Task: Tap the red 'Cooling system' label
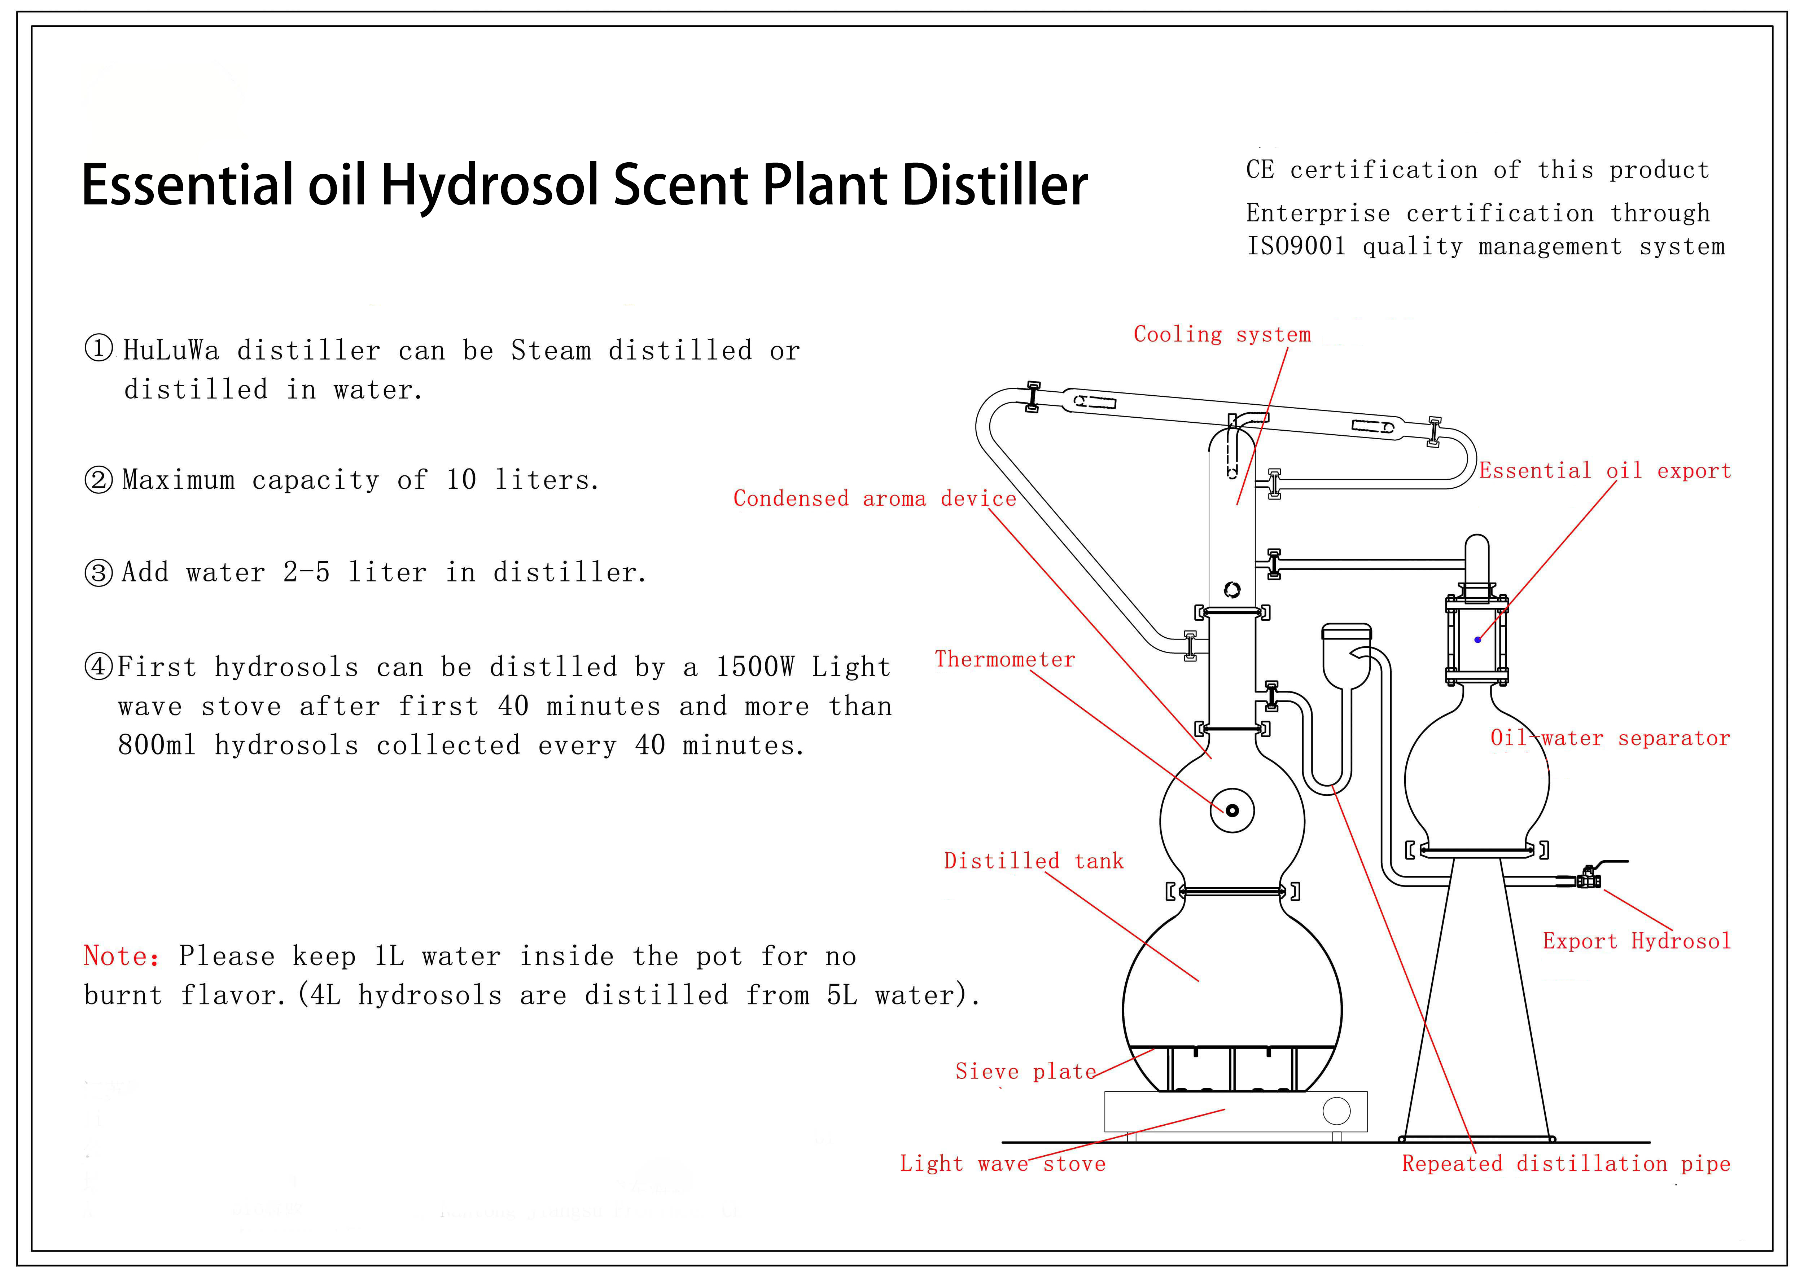tap(1222, 335)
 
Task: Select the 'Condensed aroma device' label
tap(874, 499)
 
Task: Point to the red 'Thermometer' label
tap(1004, 660)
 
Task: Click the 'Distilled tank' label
tap(1033, 861)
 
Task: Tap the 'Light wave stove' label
tap(1003, 1164)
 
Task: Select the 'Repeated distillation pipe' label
tap(1566, 1164)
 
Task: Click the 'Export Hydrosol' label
tap(1637, 941)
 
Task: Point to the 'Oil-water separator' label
tap(1610, 738)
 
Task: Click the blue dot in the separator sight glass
tap(1477, 639)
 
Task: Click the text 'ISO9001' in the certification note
tap(1296, 247)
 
